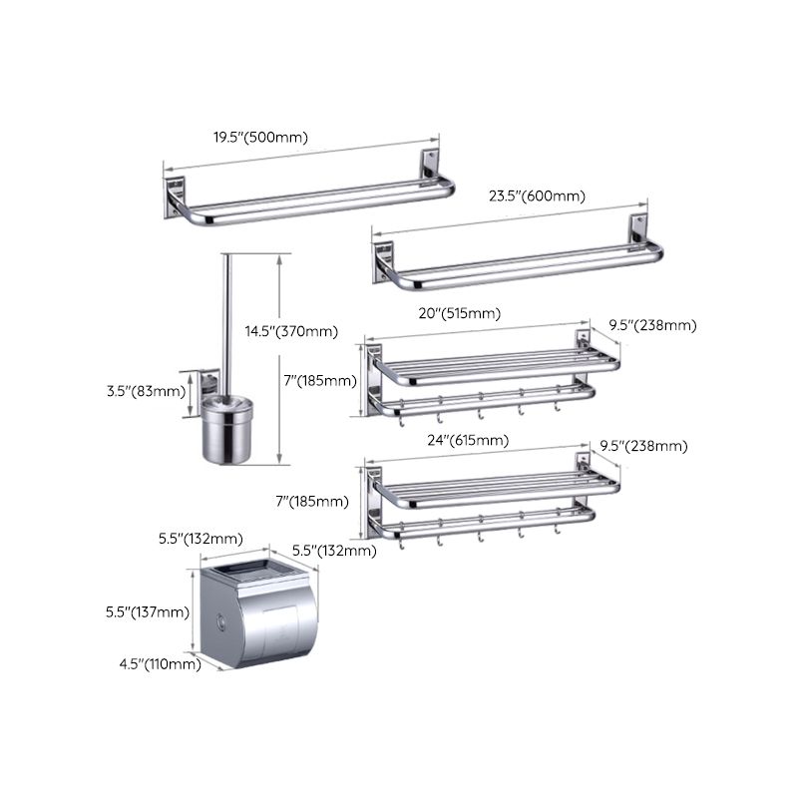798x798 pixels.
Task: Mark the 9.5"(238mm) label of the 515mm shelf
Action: coord(653,325)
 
